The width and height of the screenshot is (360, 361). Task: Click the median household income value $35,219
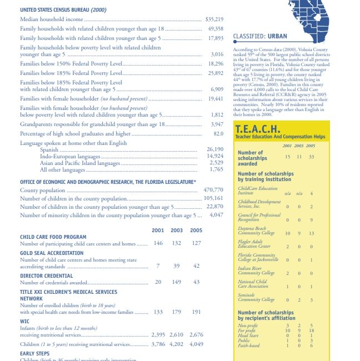pos(214,19)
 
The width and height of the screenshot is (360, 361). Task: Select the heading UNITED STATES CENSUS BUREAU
pos(63,10)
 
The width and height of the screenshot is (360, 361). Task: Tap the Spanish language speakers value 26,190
pos(214,149)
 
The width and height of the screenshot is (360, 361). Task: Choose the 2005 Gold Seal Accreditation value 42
pos(196,266)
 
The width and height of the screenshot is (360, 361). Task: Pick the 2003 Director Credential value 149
pos(177,282)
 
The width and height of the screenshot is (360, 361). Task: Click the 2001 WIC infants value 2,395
pos(159,335)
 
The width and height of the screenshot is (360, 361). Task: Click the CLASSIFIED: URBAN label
pos(260,36)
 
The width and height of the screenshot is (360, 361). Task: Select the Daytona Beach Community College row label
pos(256,231)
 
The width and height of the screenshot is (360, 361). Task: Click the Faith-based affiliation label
pos(248,345)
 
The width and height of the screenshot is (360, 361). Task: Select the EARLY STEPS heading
pos(34,353)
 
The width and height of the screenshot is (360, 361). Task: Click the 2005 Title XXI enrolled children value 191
pos(196,312)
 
